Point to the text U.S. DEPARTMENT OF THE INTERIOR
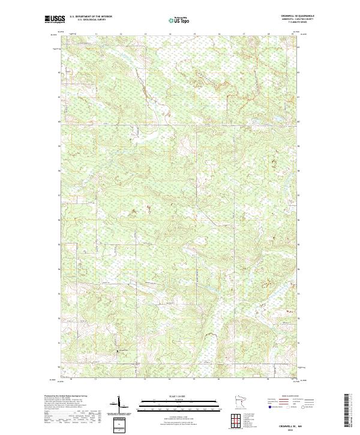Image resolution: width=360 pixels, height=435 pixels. (91, 17)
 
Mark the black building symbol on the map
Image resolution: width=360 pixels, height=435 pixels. (118, 351)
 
